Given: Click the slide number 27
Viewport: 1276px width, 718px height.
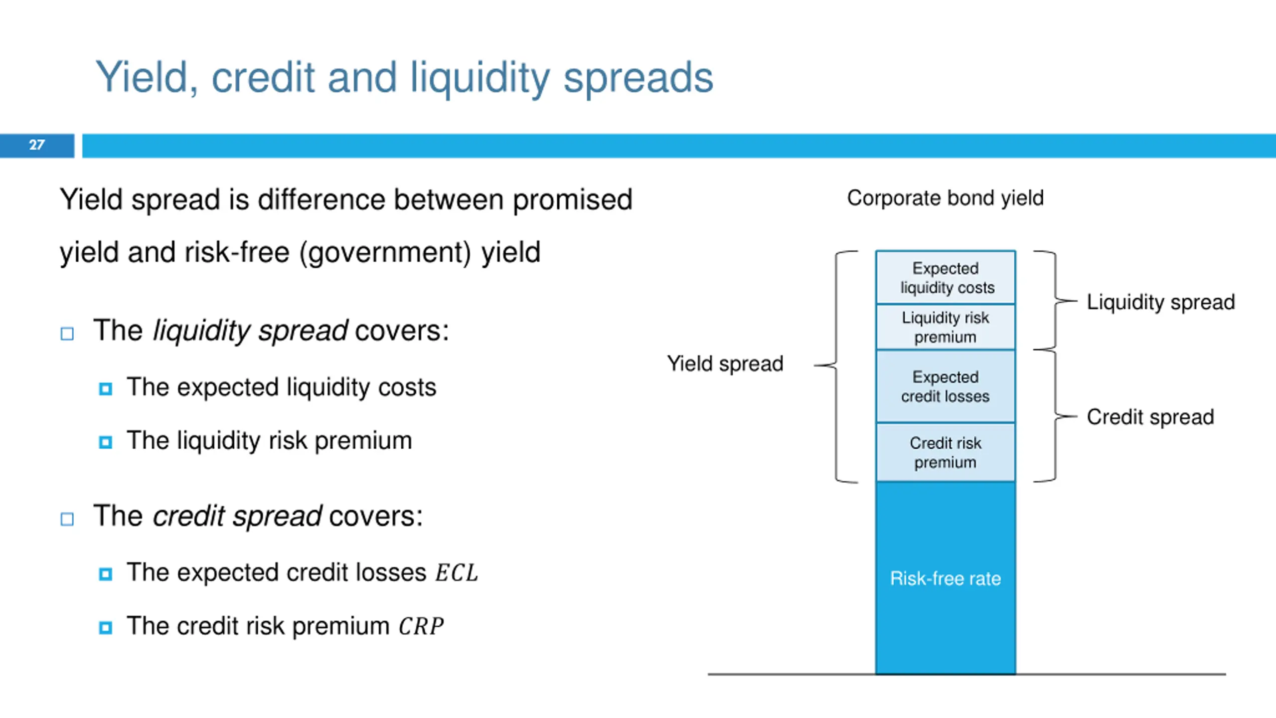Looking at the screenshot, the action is [37, 145].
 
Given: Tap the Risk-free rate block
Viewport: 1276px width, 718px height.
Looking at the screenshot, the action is [945, 578].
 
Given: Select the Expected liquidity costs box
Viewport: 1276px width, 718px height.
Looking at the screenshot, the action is [946, 278].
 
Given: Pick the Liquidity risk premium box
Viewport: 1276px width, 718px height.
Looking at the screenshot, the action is [946, 327].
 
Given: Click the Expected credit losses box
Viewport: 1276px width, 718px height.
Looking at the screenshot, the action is [946, 386].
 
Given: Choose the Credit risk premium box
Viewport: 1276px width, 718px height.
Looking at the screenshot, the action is [946, 452].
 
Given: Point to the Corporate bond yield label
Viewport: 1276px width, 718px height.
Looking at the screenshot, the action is [945, 198].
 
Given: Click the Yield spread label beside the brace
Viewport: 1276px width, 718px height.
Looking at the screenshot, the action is [725, 364].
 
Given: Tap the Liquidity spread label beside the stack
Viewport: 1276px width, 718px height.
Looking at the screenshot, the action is [1160, 302].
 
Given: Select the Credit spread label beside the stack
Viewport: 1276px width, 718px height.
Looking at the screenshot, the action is [1150, 417].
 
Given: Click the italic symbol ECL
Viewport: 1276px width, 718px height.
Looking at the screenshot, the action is [457, 572].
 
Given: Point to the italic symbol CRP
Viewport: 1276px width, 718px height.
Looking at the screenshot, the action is [421, 626].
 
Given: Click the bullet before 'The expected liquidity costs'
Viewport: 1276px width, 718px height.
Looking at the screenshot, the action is [106, 388].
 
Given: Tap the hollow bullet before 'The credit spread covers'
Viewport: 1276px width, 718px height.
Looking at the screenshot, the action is [67, 519].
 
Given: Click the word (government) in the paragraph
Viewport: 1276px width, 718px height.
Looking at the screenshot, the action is [385, 252].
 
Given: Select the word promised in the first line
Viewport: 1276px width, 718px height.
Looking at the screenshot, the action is [573, 200].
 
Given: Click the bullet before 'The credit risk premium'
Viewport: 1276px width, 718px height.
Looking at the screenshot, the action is [106, 627].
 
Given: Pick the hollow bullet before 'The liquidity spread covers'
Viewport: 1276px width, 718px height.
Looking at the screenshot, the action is [67, 333].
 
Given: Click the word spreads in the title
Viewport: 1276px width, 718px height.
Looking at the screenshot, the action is [638, 78].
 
